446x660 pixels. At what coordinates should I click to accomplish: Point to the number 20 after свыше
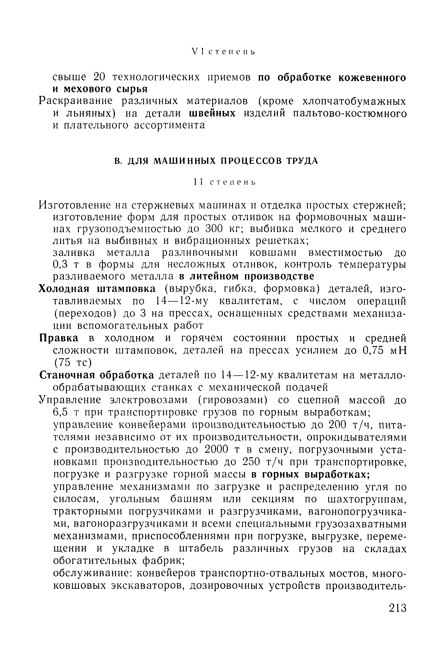pyautogui.click(x=100, y=77)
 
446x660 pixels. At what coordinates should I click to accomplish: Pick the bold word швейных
pyautogui.click(x=212, y=113)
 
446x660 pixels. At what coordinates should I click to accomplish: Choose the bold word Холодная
pyautogui.click(x=64, y=289)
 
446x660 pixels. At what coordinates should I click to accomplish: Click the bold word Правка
pyautogui.click(x=58, y=338)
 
